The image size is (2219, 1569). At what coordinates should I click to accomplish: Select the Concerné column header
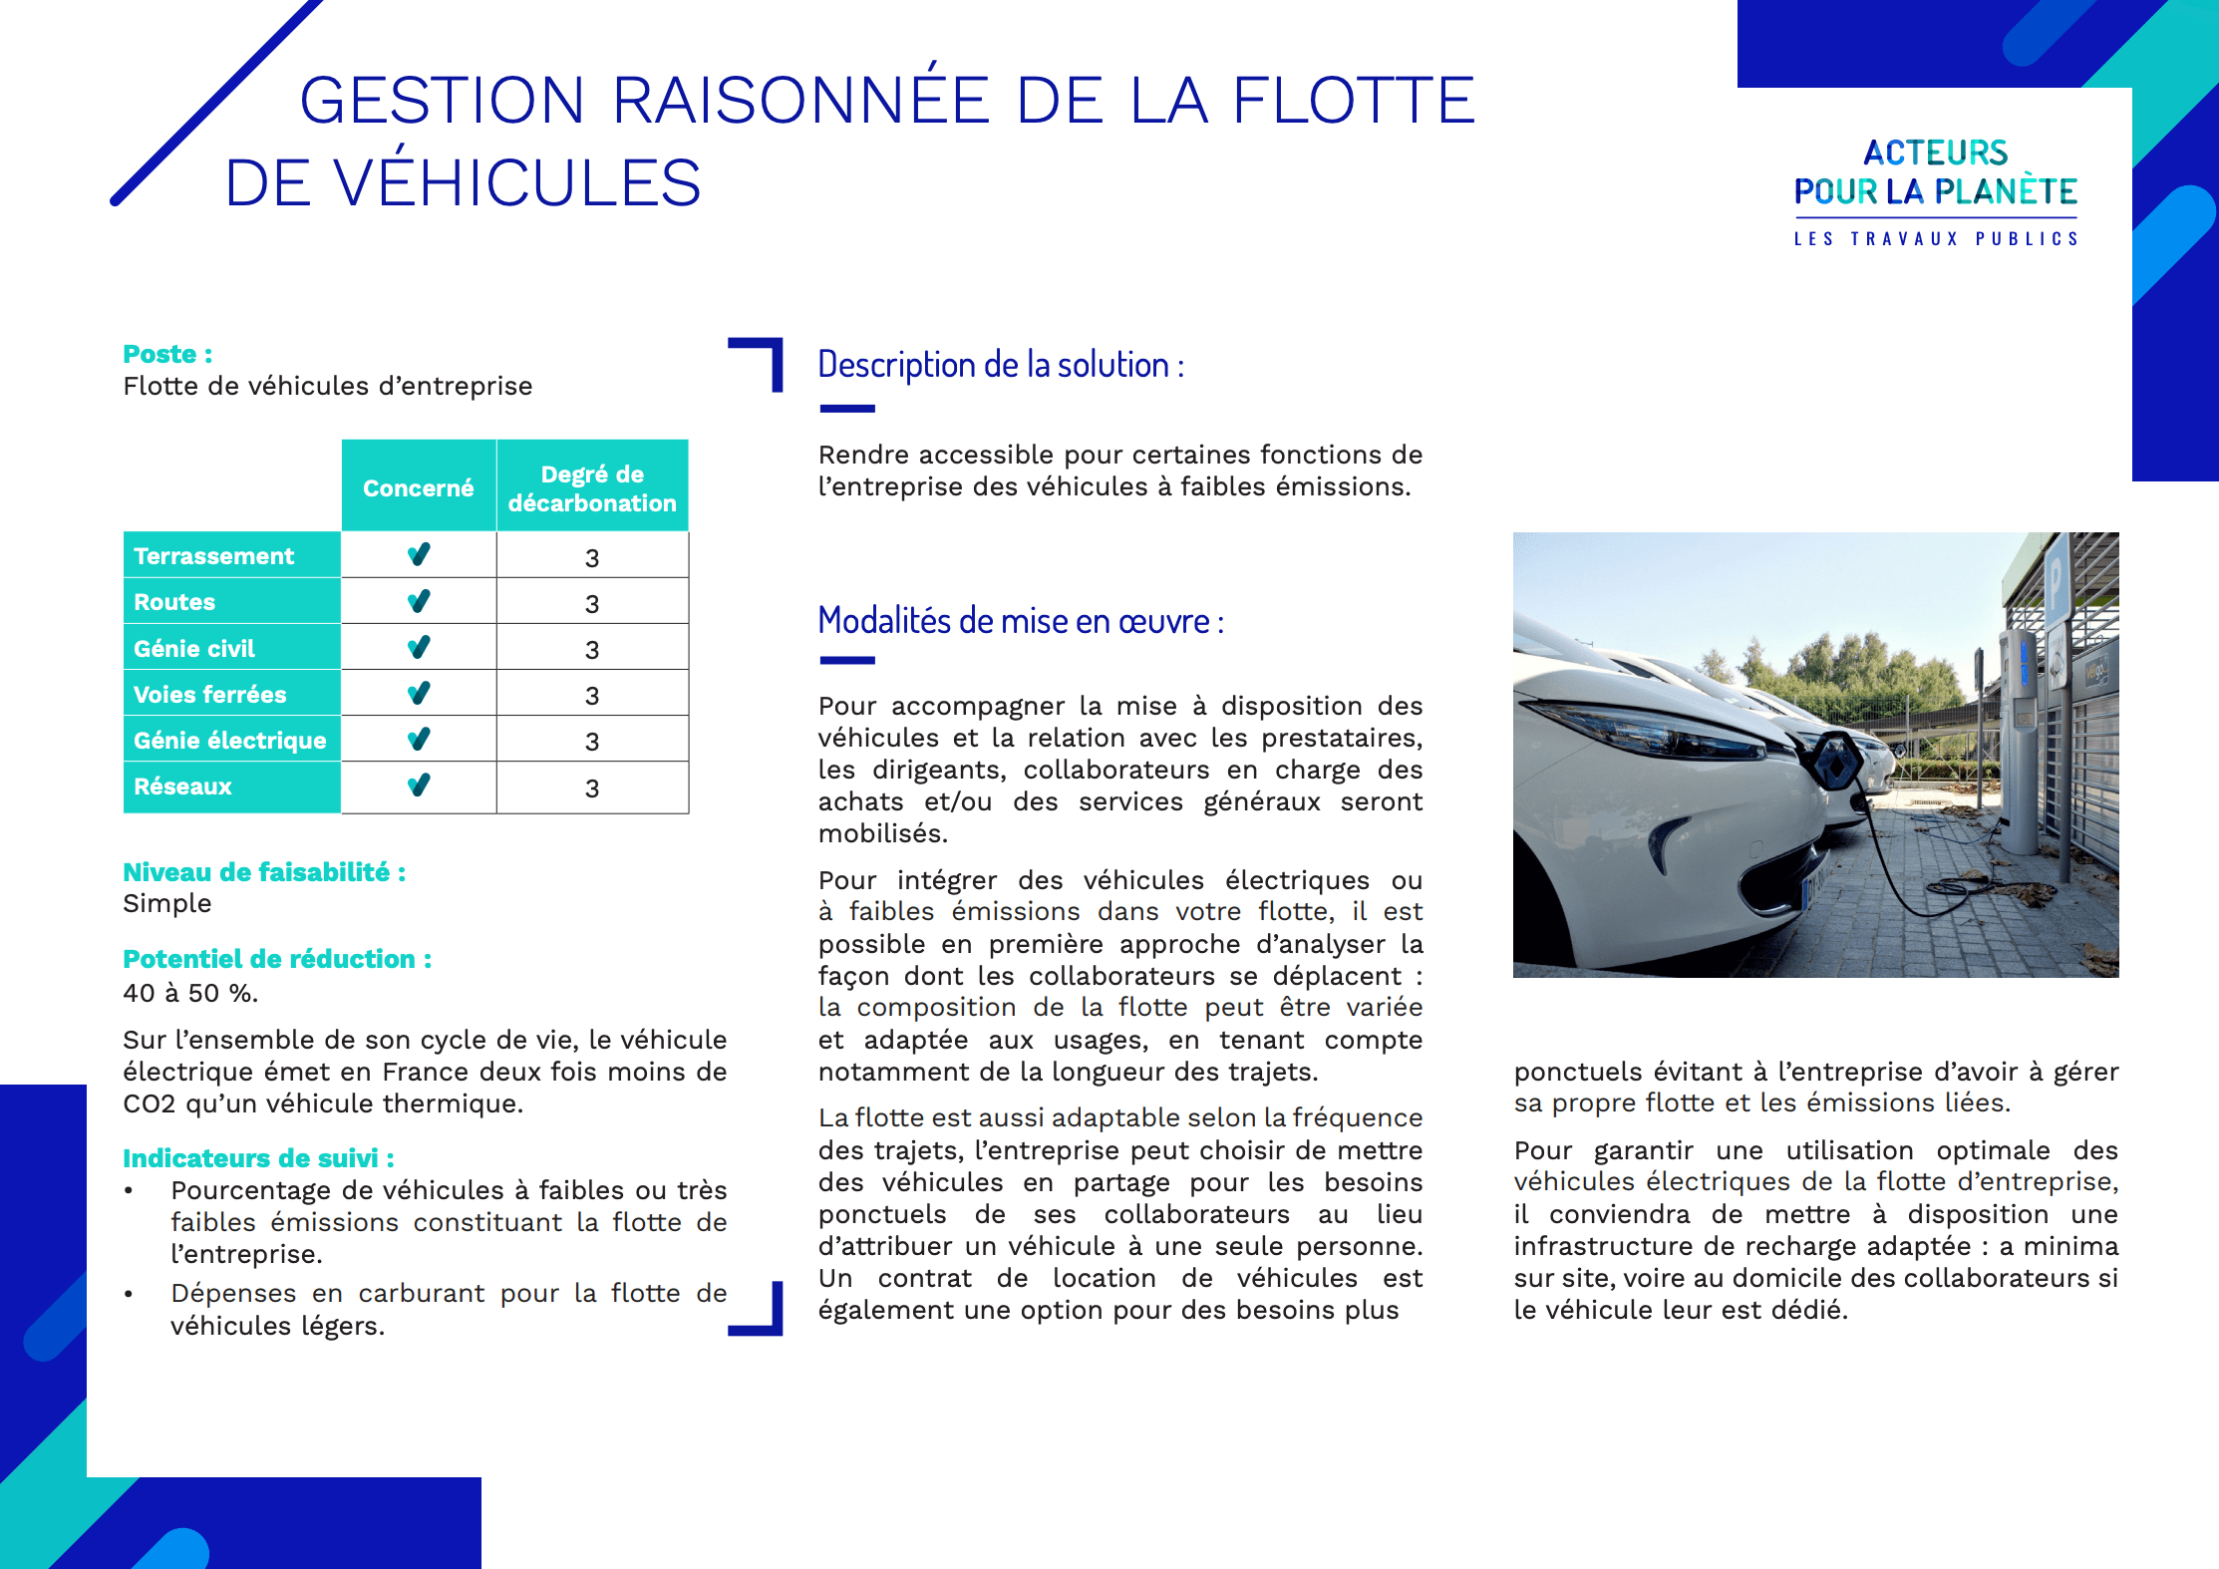click(418, 487)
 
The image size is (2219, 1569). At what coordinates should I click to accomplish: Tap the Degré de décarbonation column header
click(592, 487)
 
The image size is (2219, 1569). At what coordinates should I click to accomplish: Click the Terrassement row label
click(214, 556)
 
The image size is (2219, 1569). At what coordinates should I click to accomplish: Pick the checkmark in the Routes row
click(419, 601)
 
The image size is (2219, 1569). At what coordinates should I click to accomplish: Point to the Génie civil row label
click(194, 649)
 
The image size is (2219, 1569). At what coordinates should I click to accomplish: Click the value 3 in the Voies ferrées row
click(592, 696)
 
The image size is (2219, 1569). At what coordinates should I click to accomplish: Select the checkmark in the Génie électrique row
click(419, 739)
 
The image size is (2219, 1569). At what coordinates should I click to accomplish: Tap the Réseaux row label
click(182, 786)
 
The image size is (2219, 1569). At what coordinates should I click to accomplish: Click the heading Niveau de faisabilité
click(264, 872)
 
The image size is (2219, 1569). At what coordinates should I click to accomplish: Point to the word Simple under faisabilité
click(167, 904)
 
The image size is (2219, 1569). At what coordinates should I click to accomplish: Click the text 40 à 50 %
click(190, 993)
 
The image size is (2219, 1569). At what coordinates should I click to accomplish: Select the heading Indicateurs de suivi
click(258, 1158)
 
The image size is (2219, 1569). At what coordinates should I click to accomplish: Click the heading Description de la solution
click(1001, 365)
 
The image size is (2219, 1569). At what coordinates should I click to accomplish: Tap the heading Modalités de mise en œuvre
click(1021, 621)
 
